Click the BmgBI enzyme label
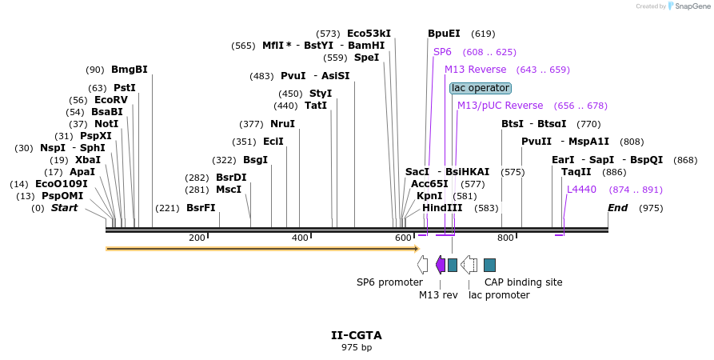coord(129,70)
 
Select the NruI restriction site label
coord(282,124)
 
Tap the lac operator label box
coord(480,88)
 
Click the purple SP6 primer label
coord(442,52)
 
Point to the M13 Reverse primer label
coord(475,70)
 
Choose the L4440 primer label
coord(581,190)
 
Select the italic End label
coord(617,208)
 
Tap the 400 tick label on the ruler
coord(300,238)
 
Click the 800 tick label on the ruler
coord(505,238)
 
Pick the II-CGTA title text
coord(357,335)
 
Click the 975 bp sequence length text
coord(357,347)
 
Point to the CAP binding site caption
coord(523,282)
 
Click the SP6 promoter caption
coord(389,282)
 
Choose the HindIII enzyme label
coord(442,208)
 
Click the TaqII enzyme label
coord(576,172)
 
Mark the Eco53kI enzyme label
coord(369,34)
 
